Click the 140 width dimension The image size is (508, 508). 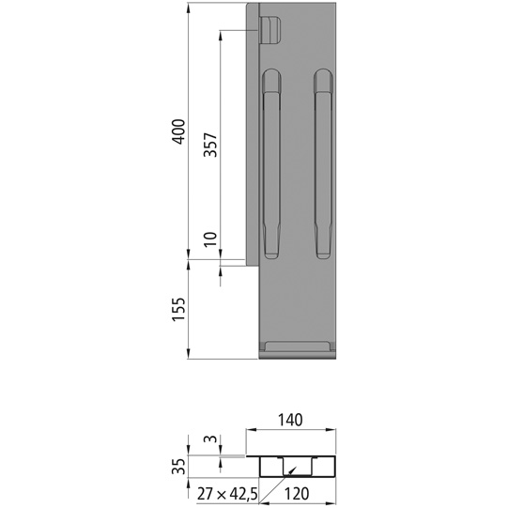pos(290,421)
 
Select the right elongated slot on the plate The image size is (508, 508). pos(323,164)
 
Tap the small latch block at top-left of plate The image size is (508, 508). pos(269,30)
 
